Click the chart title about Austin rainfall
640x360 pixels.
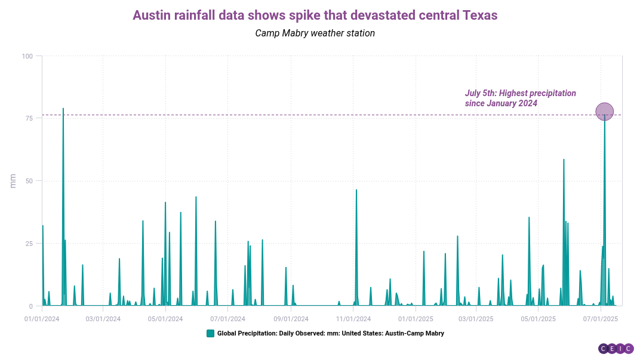pos(315,16)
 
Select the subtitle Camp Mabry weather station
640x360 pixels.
pos(315,33)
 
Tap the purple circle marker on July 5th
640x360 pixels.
pos(605,111)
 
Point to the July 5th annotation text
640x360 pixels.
pos(520,98)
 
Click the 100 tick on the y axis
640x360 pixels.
pos(27,56)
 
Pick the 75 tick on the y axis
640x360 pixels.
pos(29,118)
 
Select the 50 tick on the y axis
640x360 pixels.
pos(29,181)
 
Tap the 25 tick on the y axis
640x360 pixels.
pos(29,244)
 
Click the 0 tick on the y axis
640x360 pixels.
pos(31,306)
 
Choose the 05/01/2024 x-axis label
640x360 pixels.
pos(165,319)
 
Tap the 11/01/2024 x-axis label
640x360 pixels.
pos(353,319)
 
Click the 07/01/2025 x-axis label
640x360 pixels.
pos(600,319)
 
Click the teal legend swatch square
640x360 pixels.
pos(210,333)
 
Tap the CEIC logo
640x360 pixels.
pos(616,349)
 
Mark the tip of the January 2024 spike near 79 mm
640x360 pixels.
pos(63,109)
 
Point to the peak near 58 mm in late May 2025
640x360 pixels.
pos(564,159)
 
